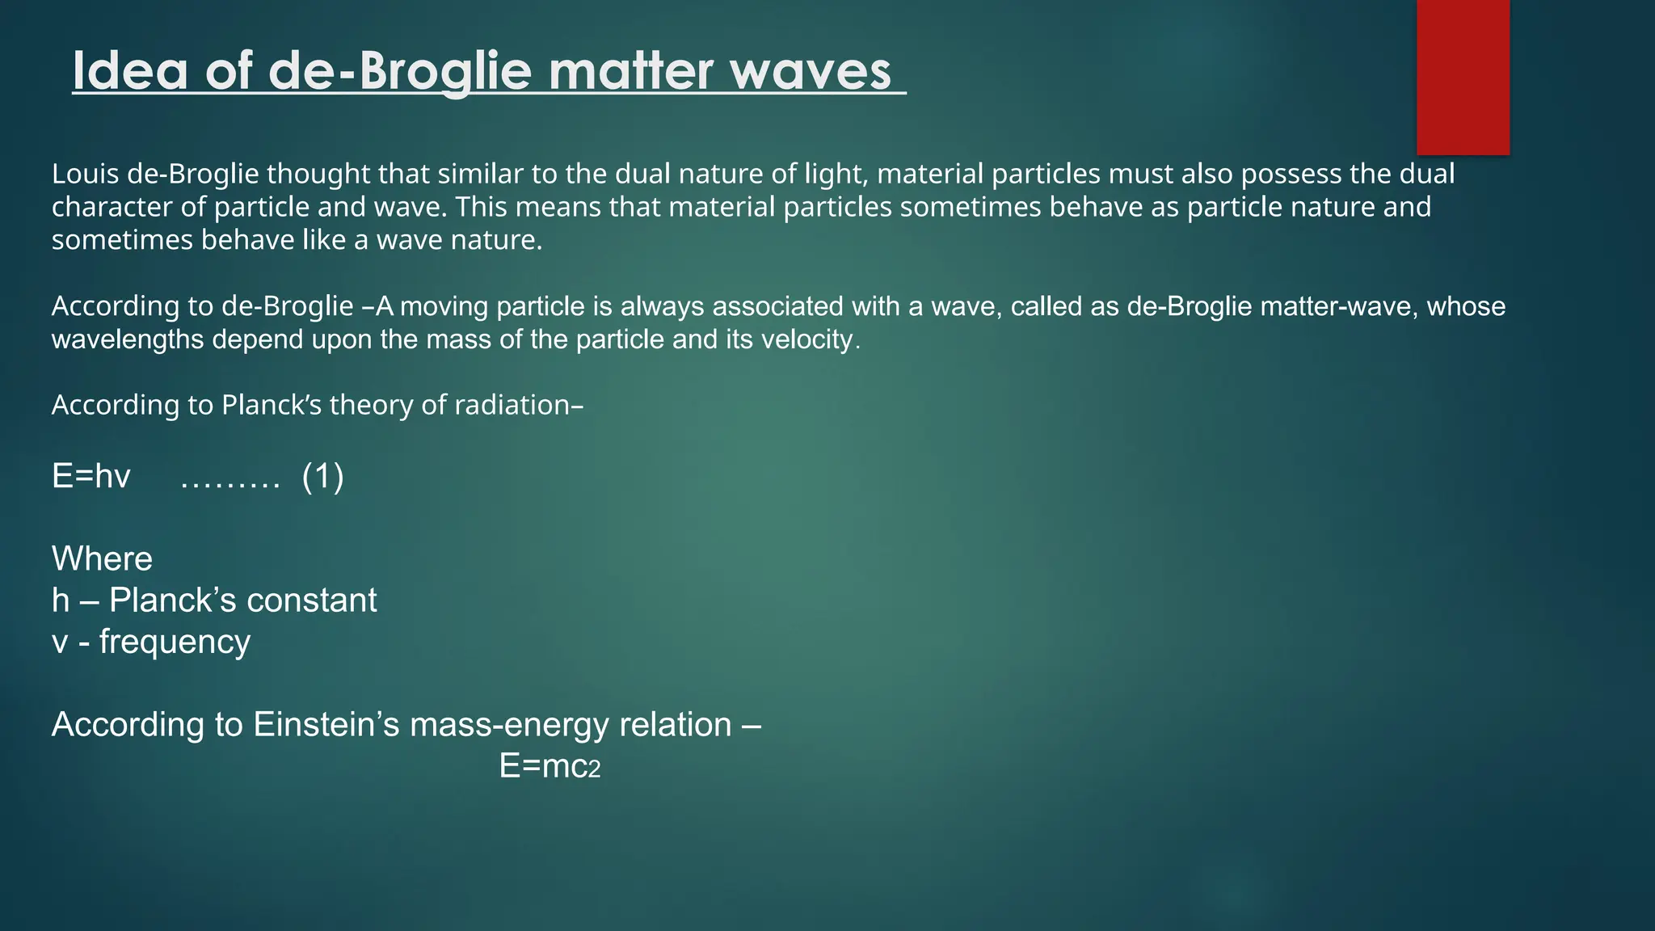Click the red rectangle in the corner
[x=1463, y=77]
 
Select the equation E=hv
[x=91, y=477]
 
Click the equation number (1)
[x=322, y=477]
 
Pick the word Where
[x=102, y=559]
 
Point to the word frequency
[x=175, y=642]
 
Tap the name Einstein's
[x=326, y=725]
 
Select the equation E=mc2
[x=550, y=766]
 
